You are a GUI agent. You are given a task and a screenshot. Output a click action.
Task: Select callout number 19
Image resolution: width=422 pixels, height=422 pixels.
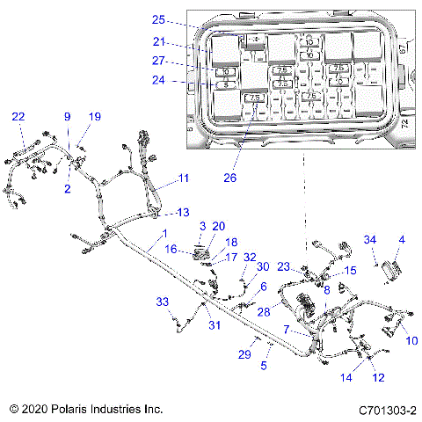pyautogui.click(x=95, y=117)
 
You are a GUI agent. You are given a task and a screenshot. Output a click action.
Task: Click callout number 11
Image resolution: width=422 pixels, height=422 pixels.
pyautogui.click(x=184, y=178)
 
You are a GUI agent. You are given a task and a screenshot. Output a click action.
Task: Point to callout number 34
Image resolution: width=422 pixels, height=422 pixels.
pyautogui.click(x=370, y=239)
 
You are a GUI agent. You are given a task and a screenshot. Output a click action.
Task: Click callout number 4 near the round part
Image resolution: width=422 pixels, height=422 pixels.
pyautogui.click(x=403, y=239)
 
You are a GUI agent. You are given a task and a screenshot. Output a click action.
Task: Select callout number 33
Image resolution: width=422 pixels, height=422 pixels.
pyautogui.click(x=162, y=302)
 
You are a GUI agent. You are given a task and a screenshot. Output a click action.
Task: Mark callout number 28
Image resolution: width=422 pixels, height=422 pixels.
pyautogui.click(x=263, y=313)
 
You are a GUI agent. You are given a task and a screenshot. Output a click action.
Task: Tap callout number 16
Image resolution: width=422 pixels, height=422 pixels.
pyautogui.click(x=172, y=251)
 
